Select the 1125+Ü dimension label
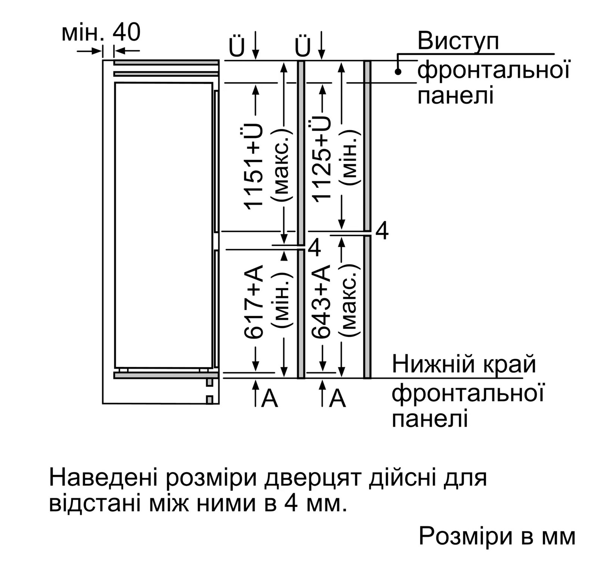(x=321, y=159)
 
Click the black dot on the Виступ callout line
(x=398, y=72)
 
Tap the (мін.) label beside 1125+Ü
(x=349, y=158)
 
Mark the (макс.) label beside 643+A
(x=349, y=301)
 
